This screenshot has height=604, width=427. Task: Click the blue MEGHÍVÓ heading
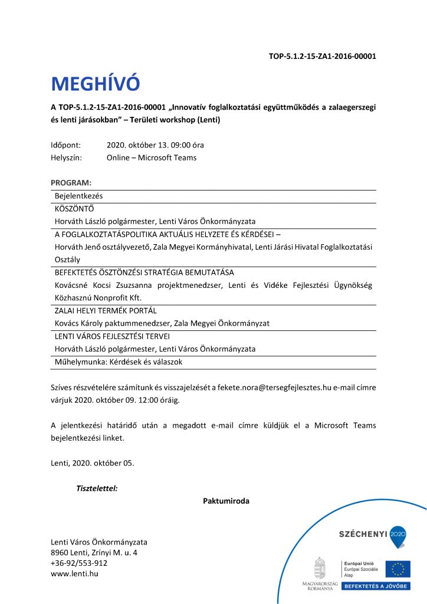[x=96, y=84]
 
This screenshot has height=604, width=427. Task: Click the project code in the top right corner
[x=322, y=57]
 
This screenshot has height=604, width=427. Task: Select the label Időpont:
[x=68, y=145]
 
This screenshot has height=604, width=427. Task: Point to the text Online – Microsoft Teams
[x=152, y=157]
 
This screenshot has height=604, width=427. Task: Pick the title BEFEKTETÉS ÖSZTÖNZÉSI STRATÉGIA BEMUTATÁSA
[x=144, y=273]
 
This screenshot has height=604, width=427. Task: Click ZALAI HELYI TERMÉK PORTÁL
[x=106, y=310]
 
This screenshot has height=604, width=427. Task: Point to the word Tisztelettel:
[x=97, y=488]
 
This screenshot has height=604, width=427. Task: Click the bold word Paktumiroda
[x=226, y=501]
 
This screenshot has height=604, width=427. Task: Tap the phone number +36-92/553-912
[x=79, y=563]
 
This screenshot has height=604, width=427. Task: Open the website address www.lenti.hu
[x=75, y=573]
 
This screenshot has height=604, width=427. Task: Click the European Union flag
[x=398, y=569]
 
